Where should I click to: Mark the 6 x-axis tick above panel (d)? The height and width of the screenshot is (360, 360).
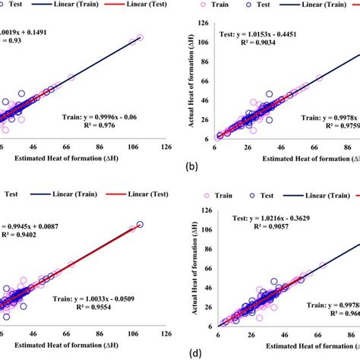click(219, 333)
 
